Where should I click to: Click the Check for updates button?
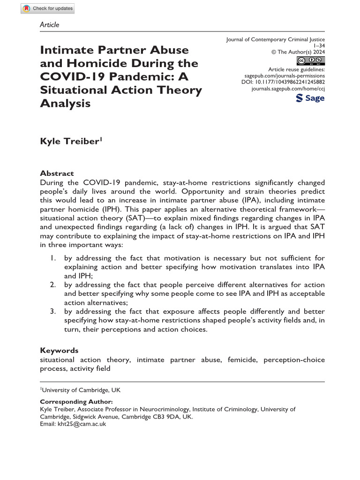click(48, 8)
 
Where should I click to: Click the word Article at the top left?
click(50, 24)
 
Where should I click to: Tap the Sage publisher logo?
click(310, 98)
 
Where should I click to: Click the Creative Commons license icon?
click(311, 61)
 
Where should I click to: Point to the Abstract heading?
click(57, 173)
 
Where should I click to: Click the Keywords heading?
click(59, 350)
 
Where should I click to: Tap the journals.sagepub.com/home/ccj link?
click(288, 88)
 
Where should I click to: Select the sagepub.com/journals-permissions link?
click(285, 75)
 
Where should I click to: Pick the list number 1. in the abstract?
click(54, 258)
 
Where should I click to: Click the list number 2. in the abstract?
click(54, 285)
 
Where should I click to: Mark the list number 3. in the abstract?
click(54, 312)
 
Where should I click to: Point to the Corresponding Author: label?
click(76, 402)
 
